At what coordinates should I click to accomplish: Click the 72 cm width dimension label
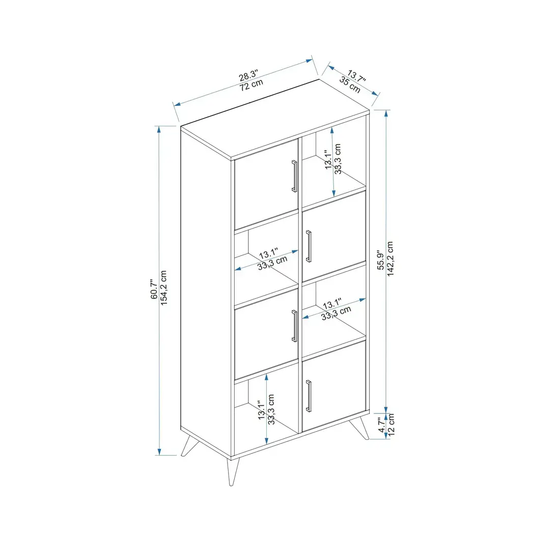(251, 85)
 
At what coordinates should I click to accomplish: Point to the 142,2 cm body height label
(390, 259)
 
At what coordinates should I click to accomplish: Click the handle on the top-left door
(294, 176)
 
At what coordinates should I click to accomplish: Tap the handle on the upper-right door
(309, 246)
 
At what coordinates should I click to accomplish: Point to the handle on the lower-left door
(294, 326)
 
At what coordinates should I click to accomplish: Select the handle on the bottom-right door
(309, 396)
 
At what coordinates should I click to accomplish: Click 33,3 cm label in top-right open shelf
(338, 159)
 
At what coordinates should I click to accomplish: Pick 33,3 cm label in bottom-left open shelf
(271, 410)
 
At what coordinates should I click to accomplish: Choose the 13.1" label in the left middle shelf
(268, 254)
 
